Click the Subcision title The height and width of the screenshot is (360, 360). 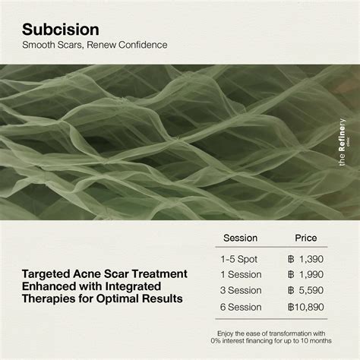pyautogui.click(x=60, y=30)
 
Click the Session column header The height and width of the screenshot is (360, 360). pyautogui.click(x=239, y=238)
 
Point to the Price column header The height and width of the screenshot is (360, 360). pyautogui.click(x=306, y=238)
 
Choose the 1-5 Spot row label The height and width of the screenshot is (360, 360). pyautogui.click(x=239, y=259)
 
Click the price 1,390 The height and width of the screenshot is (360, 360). pyautogui.click(x=311, y=259)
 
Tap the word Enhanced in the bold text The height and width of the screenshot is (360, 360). pyautogui.click(x=49, y=286)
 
